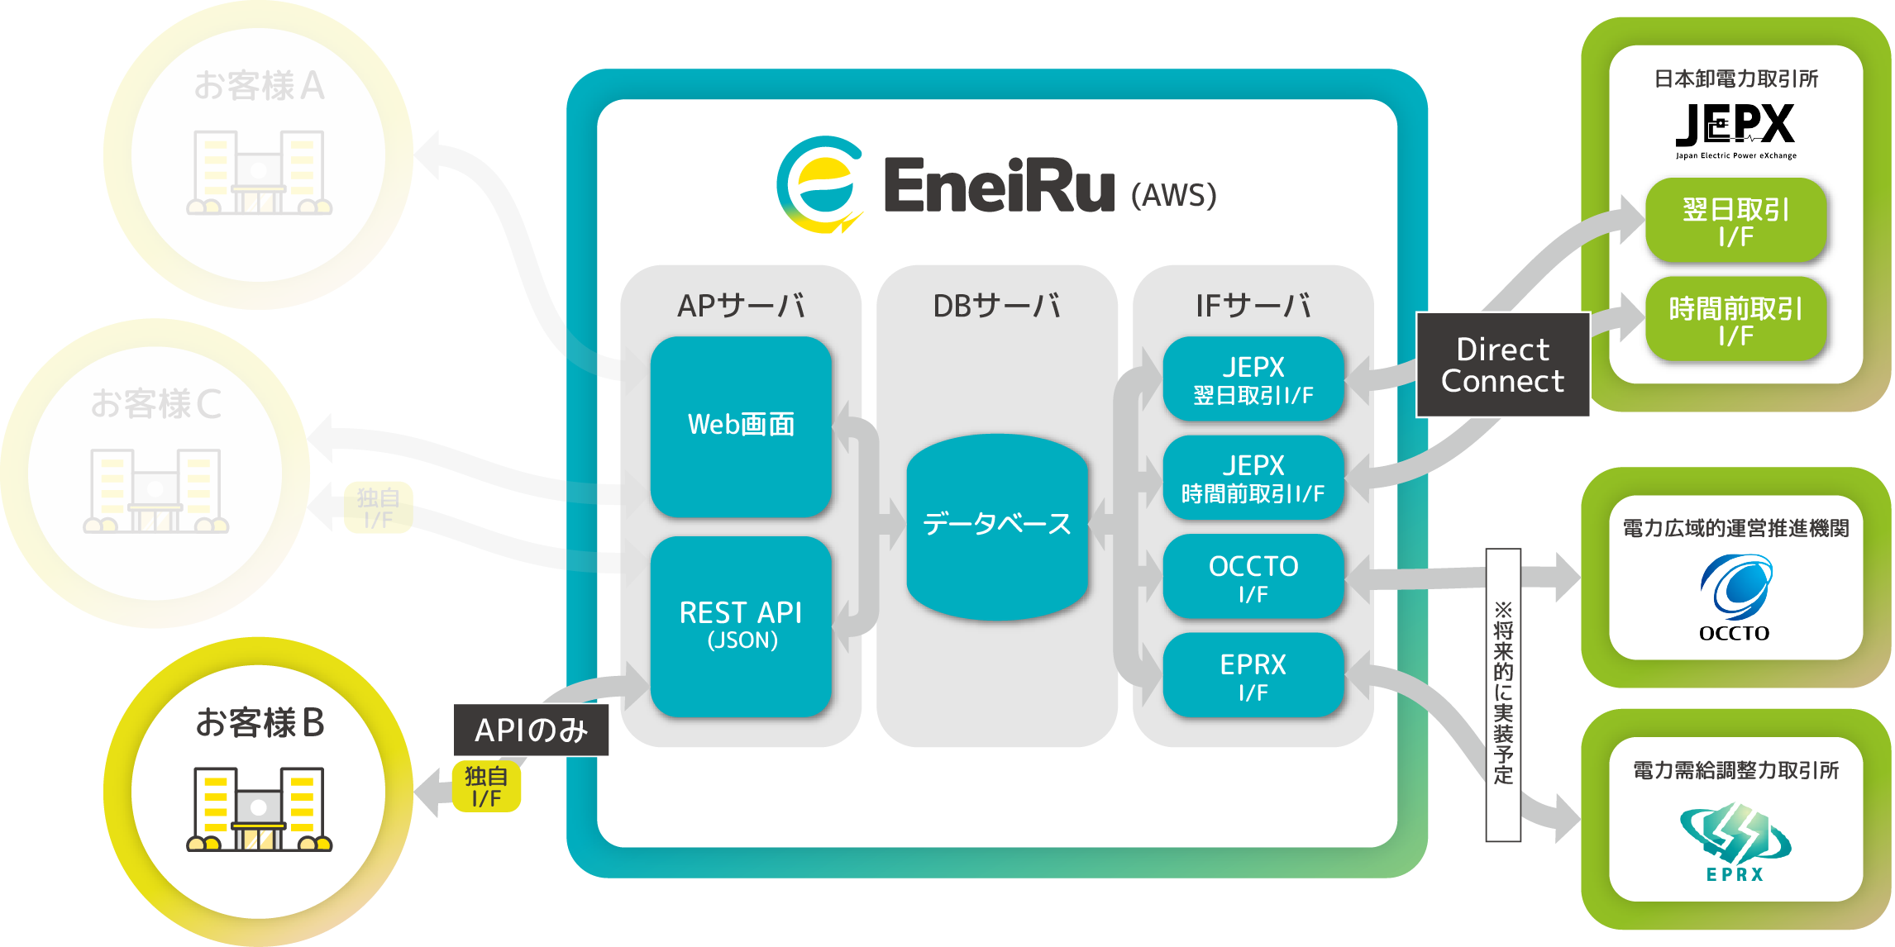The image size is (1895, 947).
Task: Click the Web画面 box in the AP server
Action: coord(741,426)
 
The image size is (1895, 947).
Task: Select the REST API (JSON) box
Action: coord(741,626)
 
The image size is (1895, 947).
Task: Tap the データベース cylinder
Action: coord(996,526)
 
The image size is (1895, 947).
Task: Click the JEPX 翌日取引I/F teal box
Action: coord(1253,379)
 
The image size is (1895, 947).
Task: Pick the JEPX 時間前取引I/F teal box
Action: coord(1253,478)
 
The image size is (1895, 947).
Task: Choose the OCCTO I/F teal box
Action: coord(1253,578)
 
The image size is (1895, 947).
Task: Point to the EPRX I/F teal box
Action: coord(1253,675)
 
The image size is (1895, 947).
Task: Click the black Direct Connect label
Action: coord(1502,365)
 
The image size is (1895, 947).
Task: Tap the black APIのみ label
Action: coord(531,730)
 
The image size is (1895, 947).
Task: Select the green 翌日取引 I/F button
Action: coord(1735,221)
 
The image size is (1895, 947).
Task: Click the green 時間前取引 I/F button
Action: coord(1735,321)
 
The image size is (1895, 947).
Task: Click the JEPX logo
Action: coord(1735,129)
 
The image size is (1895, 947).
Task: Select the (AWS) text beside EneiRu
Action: coord(1173,196)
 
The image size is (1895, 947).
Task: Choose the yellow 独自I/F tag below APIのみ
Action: coord(486,787)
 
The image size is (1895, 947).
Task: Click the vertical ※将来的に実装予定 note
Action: coord(1503,694)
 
